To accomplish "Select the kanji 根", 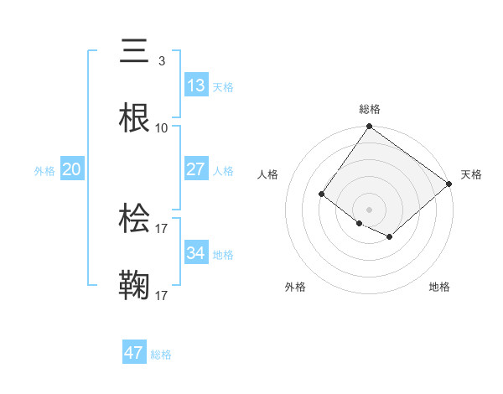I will click(135, 118).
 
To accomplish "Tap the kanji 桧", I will click(135, 219).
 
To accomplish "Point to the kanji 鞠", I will click(135, 285).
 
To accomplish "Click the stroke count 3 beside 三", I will click(161, 61).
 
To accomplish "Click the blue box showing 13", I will click(195, 86).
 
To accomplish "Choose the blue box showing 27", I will click(195, 169).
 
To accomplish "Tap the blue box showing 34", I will click(195, 252).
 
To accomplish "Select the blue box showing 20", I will click(72, 169).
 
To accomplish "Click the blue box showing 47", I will click(134, 353).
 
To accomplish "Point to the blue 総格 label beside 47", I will click(161, 355).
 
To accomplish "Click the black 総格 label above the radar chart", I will click(369, 109).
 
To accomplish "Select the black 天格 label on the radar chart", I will click(471, 174).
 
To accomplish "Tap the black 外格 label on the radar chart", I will click(295, 287).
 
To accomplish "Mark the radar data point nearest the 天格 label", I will click(449, 185).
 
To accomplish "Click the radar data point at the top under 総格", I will click(369, 127).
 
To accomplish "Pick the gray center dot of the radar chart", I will click(369, 209).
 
